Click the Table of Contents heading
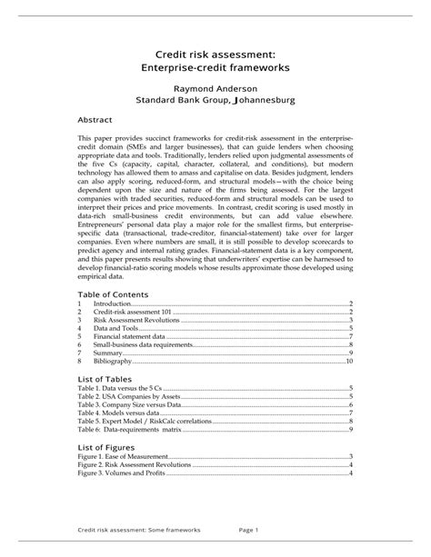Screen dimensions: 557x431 tap(113, 295)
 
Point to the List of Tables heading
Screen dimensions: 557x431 tap(105, 378)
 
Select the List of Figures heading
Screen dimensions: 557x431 tap(107, 447)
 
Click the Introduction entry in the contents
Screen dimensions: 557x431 tap(113, 303)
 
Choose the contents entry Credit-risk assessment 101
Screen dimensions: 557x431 tap(133, 312)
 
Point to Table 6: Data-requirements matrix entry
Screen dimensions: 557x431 tap(135, 429)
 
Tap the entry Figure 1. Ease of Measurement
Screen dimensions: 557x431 tap(123, 457)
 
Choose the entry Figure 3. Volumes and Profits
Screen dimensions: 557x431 tap(121, 473)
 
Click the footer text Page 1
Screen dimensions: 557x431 tap(249, 530)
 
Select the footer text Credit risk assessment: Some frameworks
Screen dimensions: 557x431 tap(138, 530)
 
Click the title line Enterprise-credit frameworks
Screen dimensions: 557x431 tap(215, 68)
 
